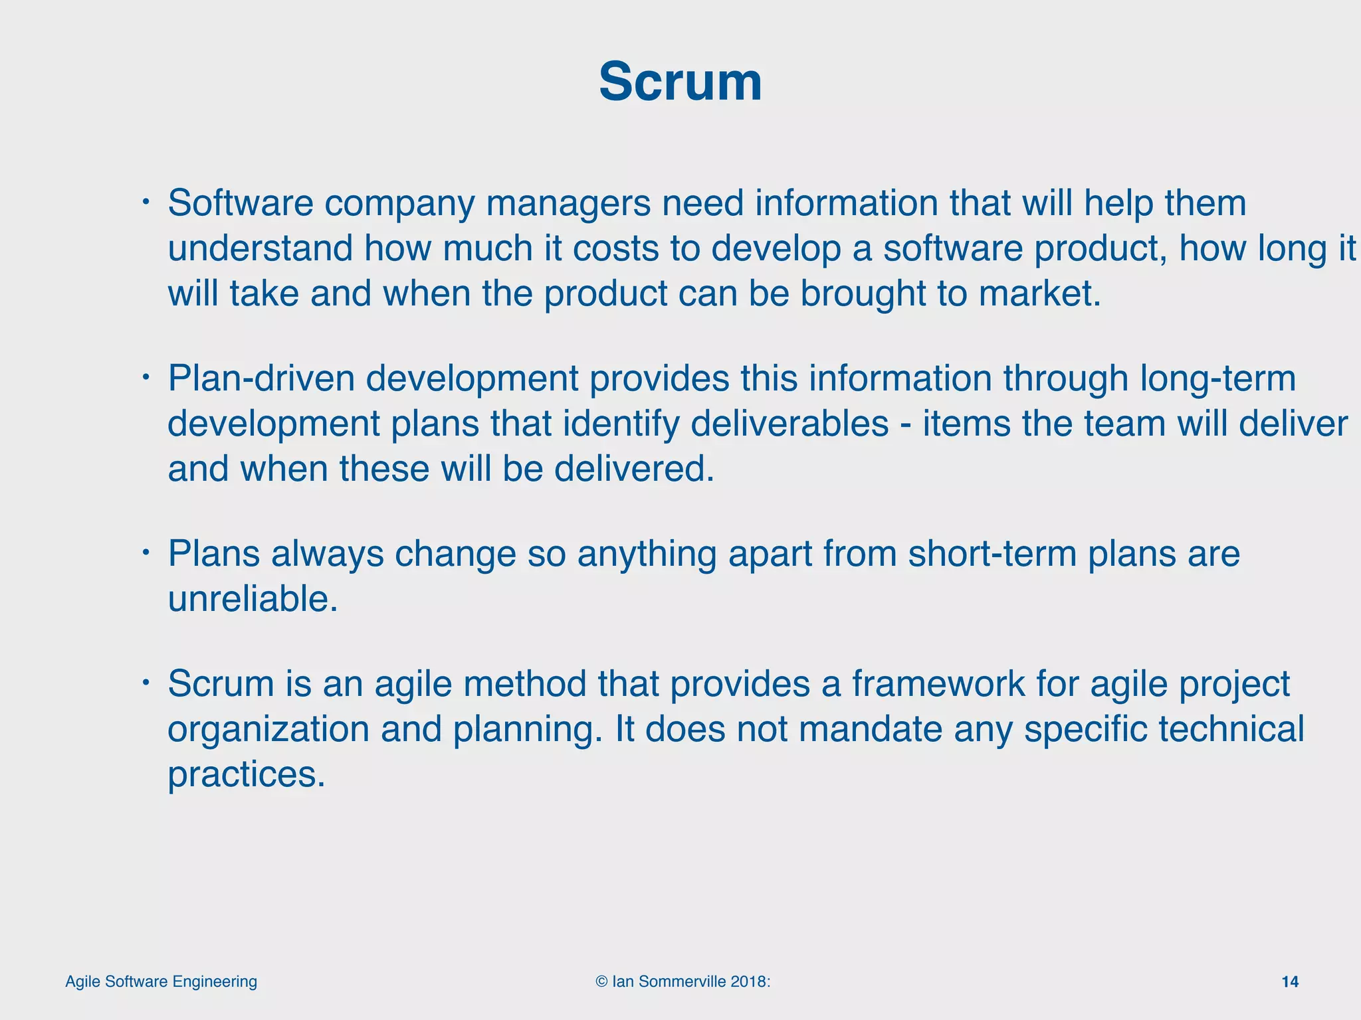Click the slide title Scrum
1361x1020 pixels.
tap(680, 82)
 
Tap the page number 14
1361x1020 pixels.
tap(1289, 982)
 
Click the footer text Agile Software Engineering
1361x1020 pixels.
tap(161, 981)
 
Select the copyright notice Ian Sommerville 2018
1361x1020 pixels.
tap(683, 981)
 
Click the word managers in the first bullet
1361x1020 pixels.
tap(568, 204)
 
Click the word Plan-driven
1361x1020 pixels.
tap(261, 379)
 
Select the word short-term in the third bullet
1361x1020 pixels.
tap(992, 554)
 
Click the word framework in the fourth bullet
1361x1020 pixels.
tap(938, 684)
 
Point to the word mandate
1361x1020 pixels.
tap(870, 729)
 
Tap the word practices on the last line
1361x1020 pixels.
tap(246, 774)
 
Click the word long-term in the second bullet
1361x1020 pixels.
tap(1217, 379)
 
